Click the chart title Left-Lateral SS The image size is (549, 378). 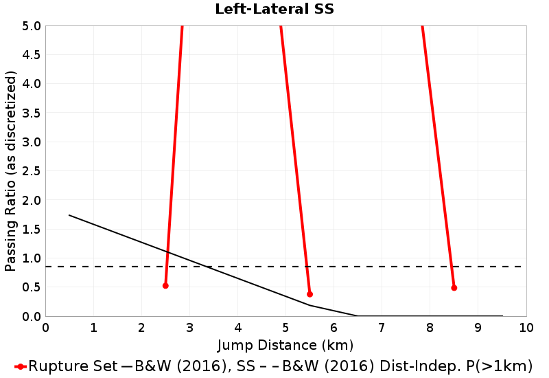click(x=274, y=9)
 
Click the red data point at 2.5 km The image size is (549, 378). click(x=165, y=286)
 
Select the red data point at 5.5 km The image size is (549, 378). click(x=309, y=294)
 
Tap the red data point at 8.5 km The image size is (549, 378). click(x=454, y=288)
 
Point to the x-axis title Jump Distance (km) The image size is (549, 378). click(x=285, y=344)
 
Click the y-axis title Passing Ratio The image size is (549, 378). click(x=11, y=170)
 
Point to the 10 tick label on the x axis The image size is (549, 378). click(x=526, y=327)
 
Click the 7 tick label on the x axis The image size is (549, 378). click(x=382, y=327)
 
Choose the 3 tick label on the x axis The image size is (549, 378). click(x=189, y=327)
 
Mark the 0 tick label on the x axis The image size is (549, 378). click(x=45, y=327)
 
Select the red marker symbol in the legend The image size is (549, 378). click(x=21, y=366)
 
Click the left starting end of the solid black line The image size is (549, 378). click(x=69, y=215)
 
